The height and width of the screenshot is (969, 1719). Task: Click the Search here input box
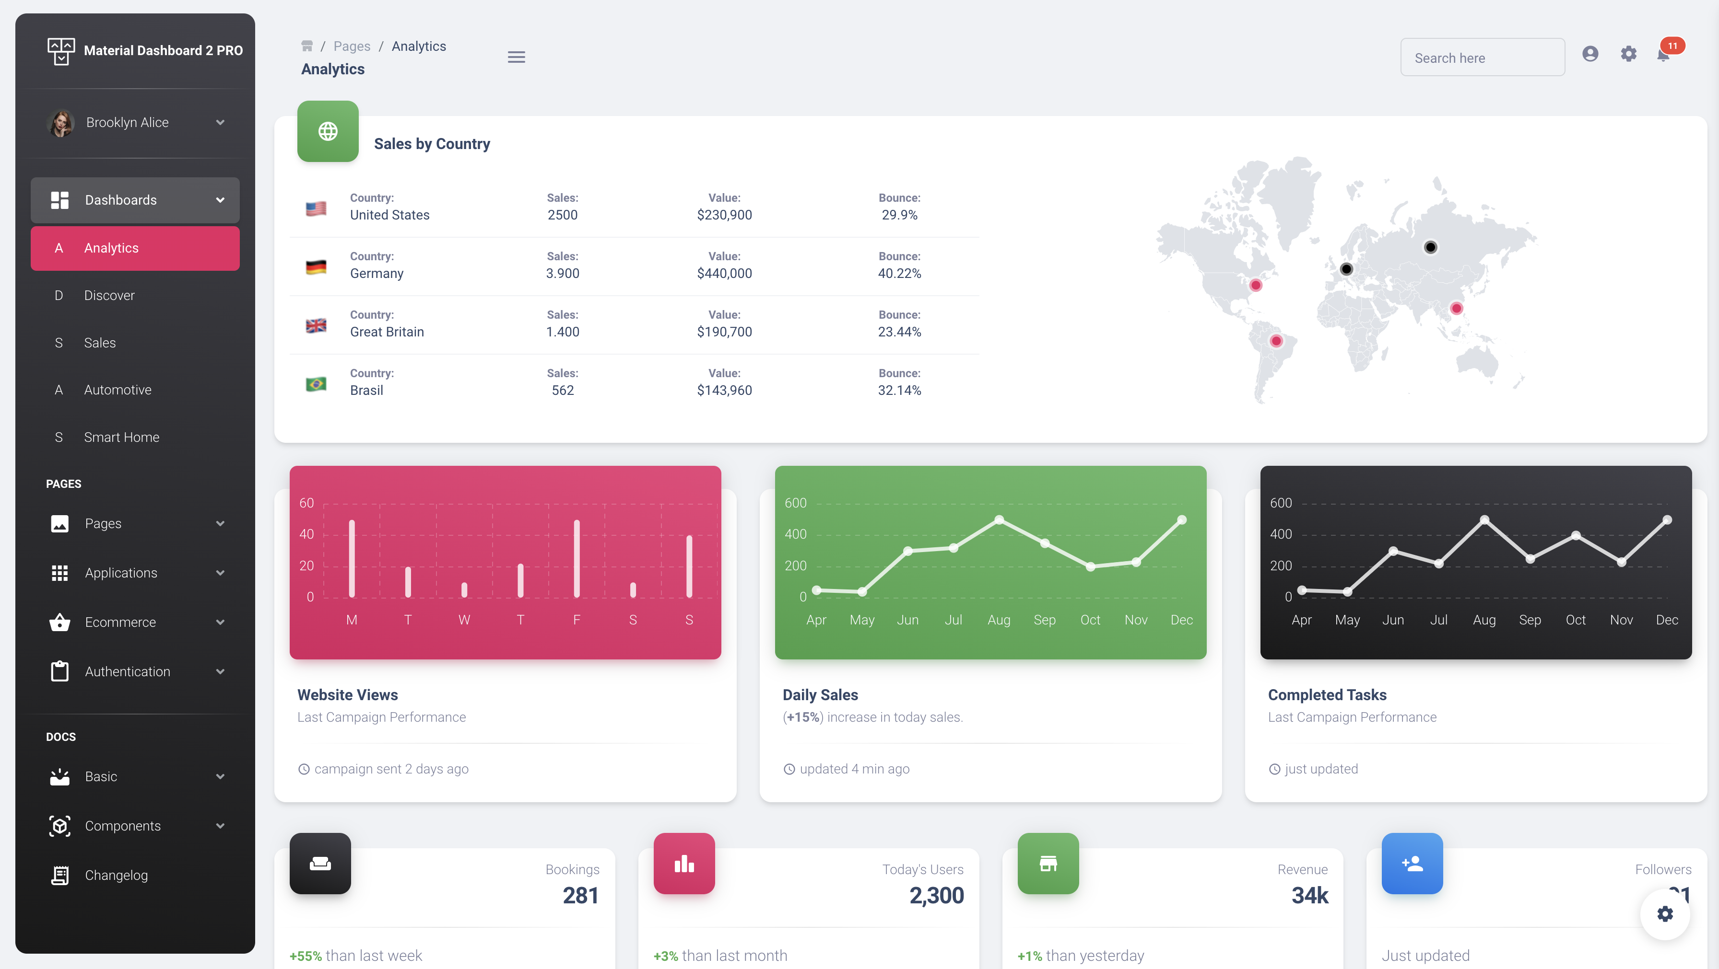pyautogui.click(x=1482, y=58)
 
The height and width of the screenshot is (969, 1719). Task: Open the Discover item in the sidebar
pyautogui.click(x=109, y=295)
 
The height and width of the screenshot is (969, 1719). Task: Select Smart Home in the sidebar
pyautogui.click(x=121, y=438)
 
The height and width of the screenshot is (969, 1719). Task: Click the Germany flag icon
pyautogui.click(x=316, y=267)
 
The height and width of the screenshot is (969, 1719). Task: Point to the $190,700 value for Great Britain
pyautogui.click(x=724, y=332)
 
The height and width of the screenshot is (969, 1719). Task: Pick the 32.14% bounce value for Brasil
pyautogui.click(x=899, y=391)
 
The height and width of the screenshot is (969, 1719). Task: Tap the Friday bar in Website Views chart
pyautogui.click(x=577, y=559)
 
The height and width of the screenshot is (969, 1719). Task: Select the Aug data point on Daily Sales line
pyautogui.click(x=999, y=520)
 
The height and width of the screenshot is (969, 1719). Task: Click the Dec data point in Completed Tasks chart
pyautogui.click(x=1667, y=520)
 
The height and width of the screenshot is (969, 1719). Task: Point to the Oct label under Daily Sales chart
pyautogui.click(x=1090, y=620)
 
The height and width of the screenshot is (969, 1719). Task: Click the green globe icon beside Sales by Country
pyautogui.click(x=328, y=131)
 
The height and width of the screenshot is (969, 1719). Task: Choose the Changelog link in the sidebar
pyautogui.click(x=116, y=876)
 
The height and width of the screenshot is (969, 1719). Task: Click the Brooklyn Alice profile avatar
pyautogui.click(x=61, y=123)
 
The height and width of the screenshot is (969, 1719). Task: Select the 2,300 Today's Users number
pyautogui.click(x=936, y=896)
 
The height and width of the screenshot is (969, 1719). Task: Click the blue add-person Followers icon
pyautogui.click(x=1412, y=864)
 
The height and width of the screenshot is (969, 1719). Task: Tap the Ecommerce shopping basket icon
pyautogui.click(x=59, y=622)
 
